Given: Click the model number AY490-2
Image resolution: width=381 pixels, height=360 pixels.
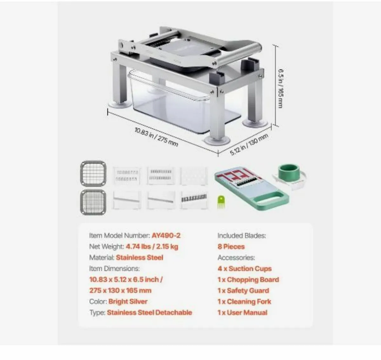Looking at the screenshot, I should point(166,236).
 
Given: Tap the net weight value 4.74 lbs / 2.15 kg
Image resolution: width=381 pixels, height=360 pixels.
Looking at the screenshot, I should point(152,247).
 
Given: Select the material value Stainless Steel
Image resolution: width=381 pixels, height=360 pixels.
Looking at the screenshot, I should point(139,257).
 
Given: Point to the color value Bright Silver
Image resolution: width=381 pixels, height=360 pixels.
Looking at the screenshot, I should point(128,301).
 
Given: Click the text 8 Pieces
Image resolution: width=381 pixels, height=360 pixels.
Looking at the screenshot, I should point(231,247).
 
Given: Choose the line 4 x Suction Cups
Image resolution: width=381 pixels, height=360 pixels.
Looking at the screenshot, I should point(244,269).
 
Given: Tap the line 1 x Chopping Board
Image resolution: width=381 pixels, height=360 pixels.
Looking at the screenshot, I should point(248,280).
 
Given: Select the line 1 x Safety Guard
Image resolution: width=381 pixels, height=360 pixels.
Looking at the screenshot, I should point(243,290).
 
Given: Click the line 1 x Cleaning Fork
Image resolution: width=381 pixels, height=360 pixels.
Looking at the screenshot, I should point(244,302).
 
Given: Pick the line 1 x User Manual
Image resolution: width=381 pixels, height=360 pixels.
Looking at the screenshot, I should point(242,312).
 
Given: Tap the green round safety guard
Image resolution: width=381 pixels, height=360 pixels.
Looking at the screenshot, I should point(289,173).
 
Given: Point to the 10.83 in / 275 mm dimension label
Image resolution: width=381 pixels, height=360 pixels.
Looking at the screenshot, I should point(156,137).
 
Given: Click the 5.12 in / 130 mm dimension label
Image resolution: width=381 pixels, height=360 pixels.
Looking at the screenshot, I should point(249,144).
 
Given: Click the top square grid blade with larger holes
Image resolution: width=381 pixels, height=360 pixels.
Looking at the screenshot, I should point(93,173).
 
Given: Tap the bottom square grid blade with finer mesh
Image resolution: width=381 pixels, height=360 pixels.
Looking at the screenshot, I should point(93,202).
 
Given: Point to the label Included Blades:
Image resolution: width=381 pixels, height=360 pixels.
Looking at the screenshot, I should point(242,236).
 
